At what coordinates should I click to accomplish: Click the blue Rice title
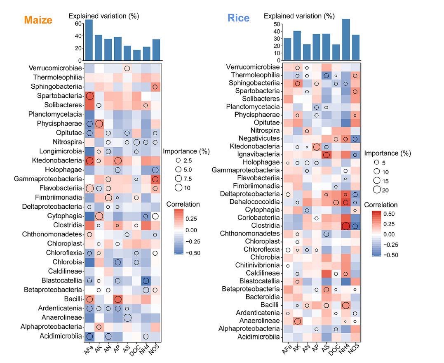pyautogui.click(x=238, y=18)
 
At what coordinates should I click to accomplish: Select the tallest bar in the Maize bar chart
pyautogui.click(x=89, y=40)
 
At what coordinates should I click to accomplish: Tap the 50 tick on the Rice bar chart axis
pyautogui.click(x=275, y=24)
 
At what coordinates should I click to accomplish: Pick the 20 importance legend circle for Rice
pyautogui.click(x=377, y=189)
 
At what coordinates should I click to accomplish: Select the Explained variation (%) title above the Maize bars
pyautogui.click(x=103, y=16)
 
